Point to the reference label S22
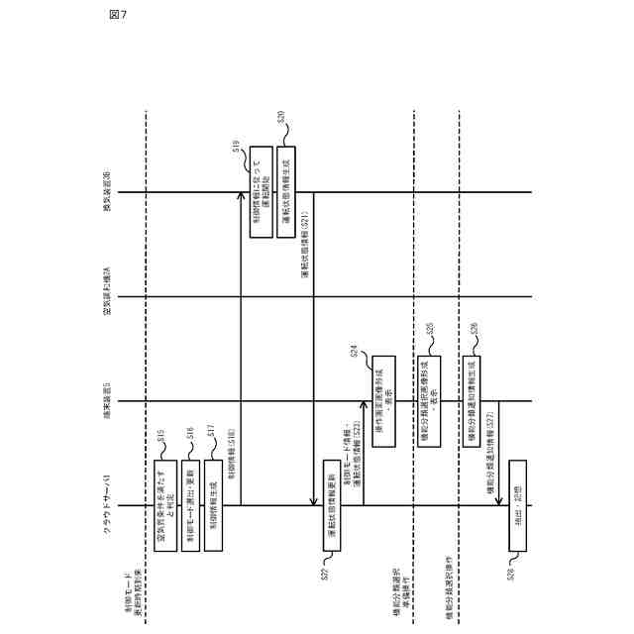point(324,572)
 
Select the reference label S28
point(511,572)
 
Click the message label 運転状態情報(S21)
point(305,243)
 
